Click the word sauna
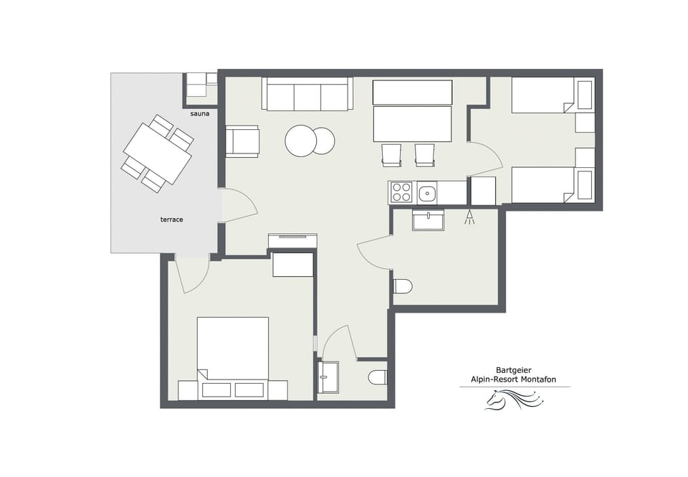pos(200,114)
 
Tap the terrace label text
pos(171,219)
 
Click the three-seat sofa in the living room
pos(307,95)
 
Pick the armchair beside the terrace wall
pos(242,141)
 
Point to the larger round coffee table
pos(300,141)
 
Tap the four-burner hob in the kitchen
pos(401,192)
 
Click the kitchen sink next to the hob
pos(427,192)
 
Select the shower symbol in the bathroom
pos(469,217)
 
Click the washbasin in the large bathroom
pos(428,219)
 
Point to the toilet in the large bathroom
pos(402,286)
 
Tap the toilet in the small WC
pos(377,377)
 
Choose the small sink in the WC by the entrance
pos(329,377)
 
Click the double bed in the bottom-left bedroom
pos(232,351)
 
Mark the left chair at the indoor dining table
pos(391,154)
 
